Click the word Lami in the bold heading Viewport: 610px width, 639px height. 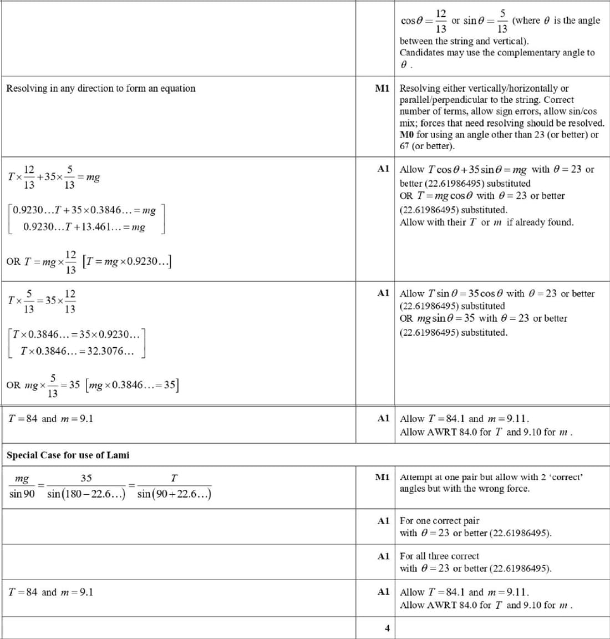118,455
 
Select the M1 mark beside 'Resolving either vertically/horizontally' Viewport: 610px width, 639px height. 382,88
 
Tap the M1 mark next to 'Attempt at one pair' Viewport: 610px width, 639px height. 382,477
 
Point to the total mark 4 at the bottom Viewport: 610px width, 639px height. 387,628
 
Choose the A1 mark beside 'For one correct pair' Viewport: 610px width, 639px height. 383,521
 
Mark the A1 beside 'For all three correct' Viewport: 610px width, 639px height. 383,556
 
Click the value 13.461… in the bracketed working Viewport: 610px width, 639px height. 98,227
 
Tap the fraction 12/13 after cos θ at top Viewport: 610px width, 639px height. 441,21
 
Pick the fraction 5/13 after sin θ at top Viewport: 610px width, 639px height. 502,21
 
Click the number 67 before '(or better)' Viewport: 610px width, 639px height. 405,146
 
